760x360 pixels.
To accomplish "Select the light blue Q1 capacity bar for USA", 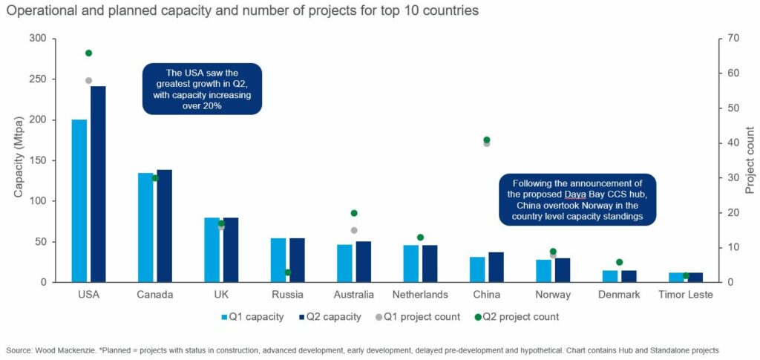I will [x=79, y=200].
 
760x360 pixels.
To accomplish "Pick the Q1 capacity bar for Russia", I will [x=278, y=260].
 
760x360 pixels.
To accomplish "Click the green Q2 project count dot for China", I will [x=487, y=140].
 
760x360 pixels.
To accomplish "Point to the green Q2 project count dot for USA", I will [x=88, y=53].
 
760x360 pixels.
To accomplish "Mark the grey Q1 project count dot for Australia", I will [x=354, y=230].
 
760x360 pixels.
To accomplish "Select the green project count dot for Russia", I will [x=288, y=272].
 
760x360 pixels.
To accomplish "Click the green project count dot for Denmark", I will [x=620, y=262].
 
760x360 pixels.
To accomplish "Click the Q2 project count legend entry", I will [x=515, y=317].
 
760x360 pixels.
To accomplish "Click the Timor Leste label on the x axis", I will [x=685, y=295].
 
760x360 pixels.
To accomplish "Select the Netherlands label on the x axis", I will [x=420, y=295].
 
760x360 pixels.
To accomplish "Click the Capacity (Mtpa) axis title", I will [x=19, y=160].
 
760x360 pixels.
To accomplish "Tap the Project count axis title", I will [x=750, y=160].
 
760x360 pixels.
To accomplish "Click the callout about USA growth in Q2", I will [x=203, y=89].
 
